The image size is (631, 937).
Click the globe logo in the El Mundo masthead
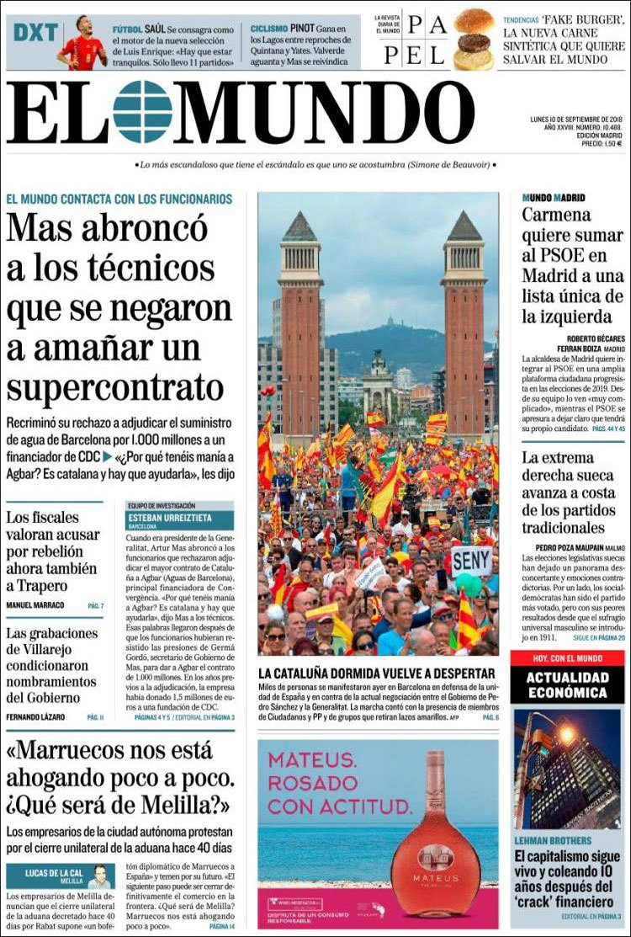click(x=142, y=111)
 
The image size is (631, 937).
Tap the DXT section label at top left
click(x=35, y=33)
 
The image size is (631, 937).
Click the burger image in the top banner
click(x=474, y=39)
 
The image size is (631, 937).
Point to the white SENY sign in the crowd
click(x=471, y=560)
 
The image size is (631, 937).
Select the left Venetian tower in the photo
click(x=300, y=328)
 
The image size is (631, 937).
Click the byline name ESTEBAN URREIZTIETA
click(x=169, y=518)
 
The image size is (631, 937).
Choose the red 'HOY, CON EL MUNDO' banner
click(x=567, y=658)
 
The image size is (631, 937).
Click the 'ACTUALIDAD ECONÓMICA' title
click(x=567, y=684)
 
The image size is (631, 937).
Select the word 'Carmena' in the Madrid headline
click(x=556, y=215)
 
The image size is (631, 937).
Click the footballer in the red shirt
click(x=82, y=44)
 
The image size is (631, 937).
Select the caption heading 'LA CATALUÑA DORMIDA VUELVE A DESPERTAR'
click(x=376, y=673)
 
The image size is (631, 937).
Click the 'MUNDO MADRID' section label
click(x=554, y=198)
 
